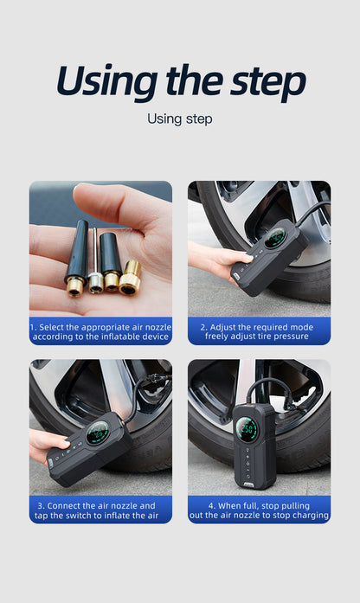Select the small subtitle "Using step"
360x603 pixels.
click(180, 119)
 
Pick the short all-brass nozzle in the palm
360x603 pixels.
click(130, 278)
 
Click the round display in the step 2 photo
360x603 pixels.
click(274, 238)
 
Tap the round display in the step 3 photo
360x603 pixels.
click(97, 433)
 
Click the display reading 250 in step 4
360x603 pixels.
click(247, 429)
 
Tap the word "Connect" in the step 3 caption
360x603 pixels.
click(63, 506)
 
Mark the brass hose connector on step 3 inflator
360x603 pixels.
click(123, 423)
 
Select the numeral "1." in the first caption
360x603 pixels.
click(34, 328)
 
